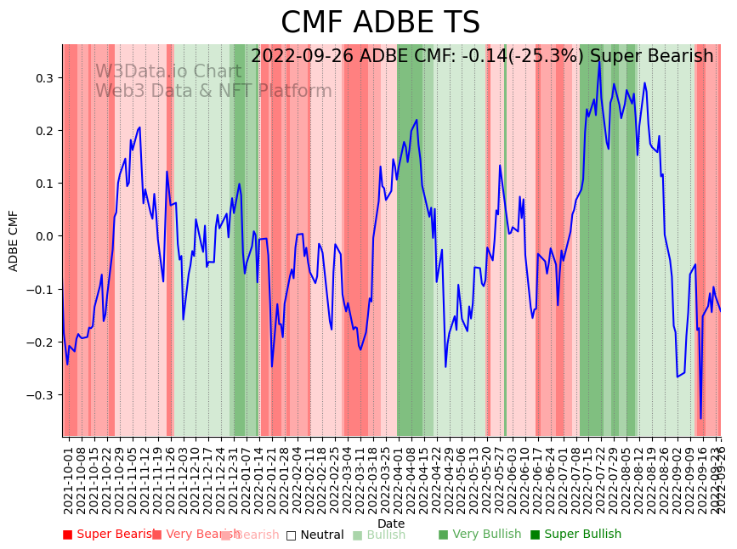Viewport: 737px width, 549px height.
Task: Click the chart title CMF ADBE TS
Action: pos(380,23)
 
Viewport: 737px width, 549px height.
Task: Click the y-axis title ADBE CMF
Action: pos(14,241)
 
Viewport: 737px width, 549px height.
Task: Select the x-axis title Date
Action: pos(391,524)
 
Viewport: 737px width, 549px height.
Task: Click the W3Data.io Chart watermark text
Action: pos(167,71)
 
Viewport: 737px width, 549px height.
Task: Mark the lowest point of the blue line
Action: pos(700,418)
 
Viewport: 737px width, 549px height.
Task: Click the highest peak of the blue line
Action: pos(599,59)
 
